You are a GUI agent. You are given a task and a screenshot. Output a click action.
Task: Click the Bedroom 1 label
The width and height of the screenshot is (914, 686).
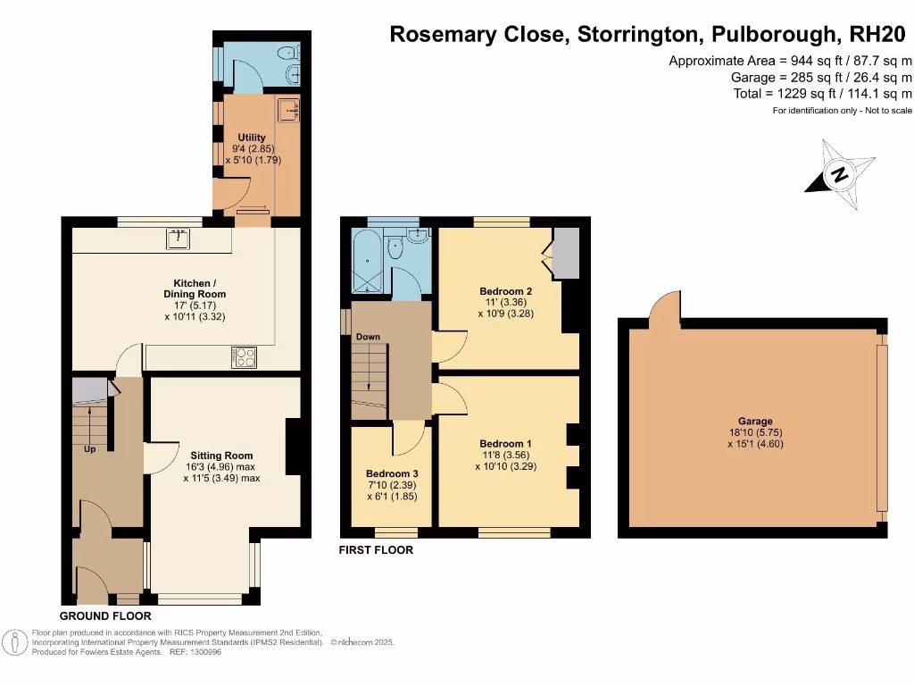[x=505, y=444]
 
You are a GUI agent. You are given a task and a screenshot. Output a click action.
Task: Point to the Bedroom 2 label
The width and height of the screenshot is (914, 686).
[x=505, y=291]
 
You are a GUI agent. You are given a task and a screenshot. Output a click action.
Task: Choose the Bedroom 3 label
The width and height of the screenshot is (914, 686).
[x=392, y=473]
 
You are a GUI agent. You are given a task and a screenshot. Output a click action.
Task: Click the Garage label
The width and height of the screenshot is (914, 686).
[x=755, y=422]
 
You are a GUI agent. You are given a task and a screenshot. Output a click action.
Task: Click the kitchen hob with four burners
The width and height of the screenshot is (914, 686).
[x=243, y=356]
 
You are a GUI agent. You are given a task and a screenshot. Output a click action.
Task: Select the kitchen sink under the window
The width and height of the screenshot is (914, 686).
[x=179, y=238]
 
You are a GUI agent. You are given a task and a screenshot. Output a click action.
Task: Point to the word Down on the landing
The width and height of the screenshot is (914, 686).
[x=369, y=337]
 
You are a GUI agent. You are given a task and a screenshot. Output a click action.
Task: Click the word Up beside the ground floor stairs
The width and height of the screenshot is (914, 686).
[x=89, y=449]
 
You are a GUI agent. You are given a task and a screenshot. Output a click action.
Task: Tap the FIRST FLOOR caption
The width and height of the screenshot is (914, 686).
[x=376, y=550]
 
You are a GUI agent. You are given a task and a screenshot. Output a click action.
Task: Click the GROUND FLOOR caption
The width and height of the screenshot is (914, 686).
[x=105, y=616]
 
